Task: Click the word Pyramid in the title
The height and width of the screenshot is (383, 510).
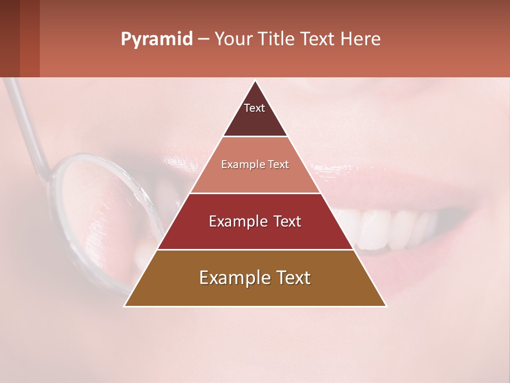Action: (156, 39)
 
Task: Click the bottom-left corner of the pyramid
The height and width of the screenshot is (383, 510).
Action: (125, 306)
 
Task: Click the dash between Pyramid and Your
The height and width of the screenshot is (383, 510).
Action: (203, 39)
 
